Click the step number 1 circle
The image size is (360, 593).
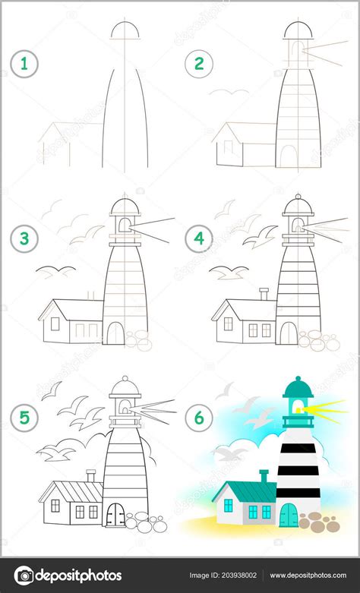tap(24, 65)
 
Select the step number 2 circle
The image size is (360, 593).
tap(199, 65)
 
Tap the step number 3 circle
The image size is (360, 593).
tap(24, 239)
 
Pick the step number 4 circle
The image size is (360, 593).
tap(199, 239)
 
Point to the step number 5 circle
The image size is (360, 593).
tap(24, 417)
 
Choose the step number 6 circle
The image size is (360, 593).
tap(199, 417)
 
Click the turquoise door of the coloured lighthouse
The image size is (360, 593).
tap(288, 516)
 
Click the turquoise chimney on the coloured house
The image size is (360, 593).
tap(264, 476)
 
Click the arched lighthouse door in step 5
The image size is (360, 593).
tap(115, 514)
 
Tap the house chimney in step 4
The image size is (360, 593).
tap(264, 293)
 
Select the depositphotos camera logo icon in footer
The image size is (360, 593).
tap(25, 576)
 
